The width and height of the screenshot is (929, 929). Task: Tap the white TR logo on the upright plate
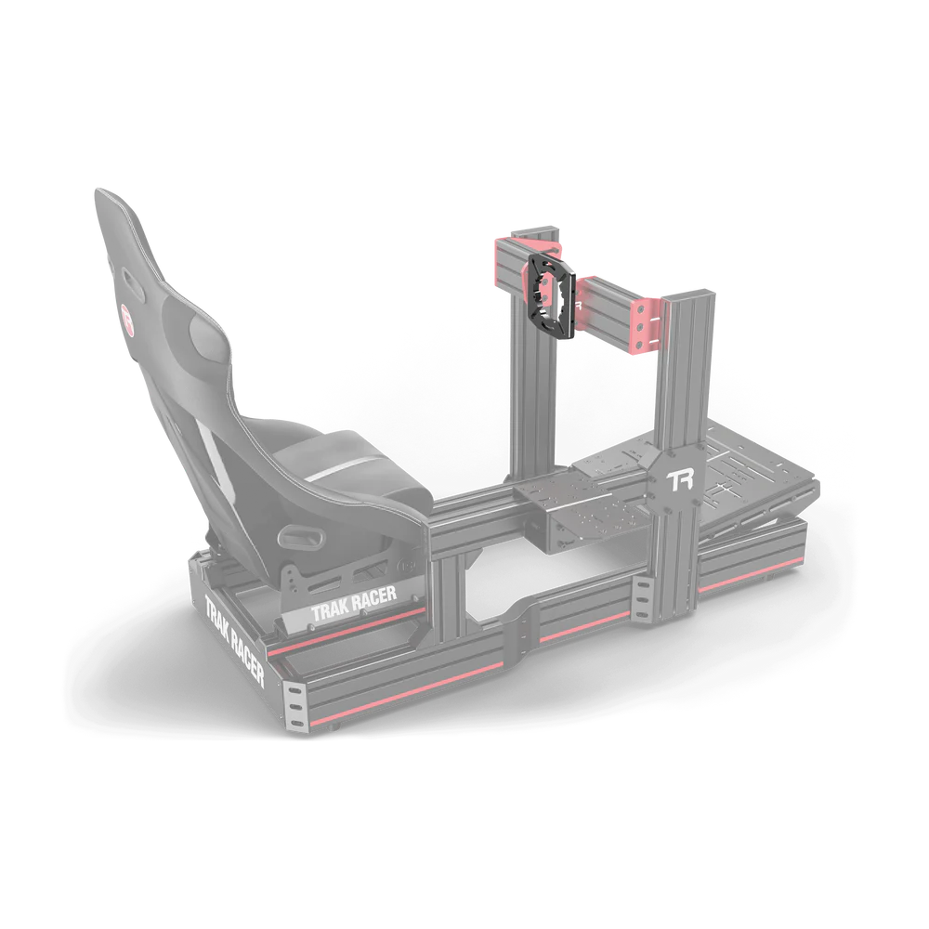tap(681, 479)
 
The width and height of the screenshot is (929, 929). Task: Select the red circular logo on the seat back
tap(127, 308)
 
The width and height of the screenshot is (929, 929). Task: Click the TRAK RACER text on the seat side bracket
tap(354, 606)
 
